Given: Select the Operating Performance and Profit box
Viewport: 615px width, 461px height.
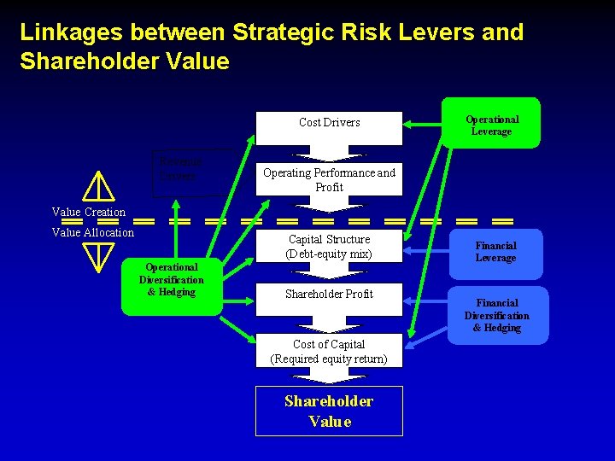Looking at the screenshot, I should pyautogui.click(x=329, y=179).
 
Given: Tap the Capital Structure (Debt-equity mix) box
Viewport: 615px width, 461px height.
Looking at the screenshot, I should pyautogui.click(x=329, y=246).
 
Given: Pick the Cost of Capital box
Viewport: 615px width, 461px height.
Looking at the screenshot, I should pyautogui.click(x=329, y=351).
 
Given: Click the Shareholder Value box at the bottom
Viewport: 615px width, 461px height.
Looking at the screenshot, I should pyautogui.click(x=329, y=411).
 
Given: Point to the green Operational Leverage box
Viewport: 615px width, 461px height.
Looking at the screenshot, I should pyautogui.click(x=492, y=125).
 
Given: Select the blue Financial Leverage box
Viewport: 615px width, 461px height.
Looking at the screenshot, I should pyautogui.click(x=495, y=253).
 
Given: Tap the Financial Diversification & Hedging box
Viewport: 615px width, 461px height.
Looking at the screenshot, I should pyautogui.click(x=497, y=316).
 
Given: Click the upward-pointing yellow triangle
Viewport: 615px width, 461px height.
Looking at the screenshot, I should pyautogui.click(x=100, y=185).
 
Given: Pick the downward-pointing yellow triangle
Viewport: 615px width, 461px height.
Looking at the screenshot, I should pyautogui.click(x=100, y=255).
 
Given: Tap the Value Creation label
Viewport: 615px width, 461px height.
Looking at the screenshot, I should pyautogui.click(x=89, y=212).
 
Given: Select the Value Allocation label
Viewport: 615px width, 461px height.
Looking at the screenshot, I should pyautogui.click(x=93, y=232).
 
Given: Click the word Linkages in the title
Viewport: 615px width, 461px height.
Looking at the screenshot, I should pyautogui.click(x=64, y=32).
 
